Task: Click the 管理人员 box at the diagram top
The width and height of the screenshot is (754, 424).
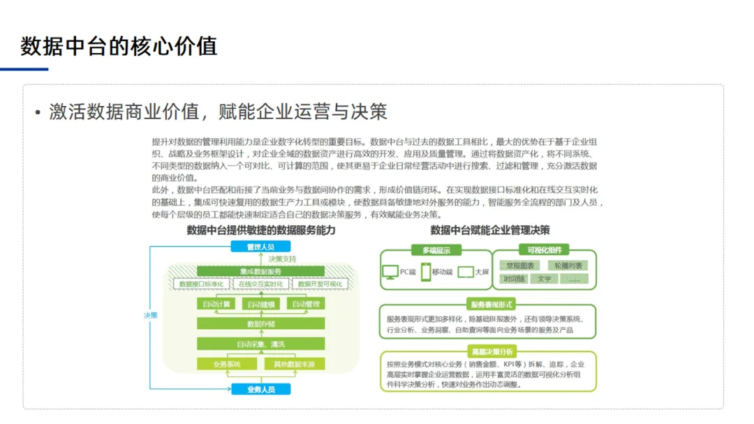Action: click(x=260, y=247)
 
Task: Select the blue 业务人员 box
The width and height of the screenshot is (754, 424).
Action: click(x=260, y=389)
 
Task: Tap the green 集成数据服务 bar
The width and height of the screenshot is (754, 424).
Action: click(x=260, y=271)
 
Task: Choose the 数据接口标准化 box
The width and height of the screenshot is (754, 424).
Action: click(x=202, y=285)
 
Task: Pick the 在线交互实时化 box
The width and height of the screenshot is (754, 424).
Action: click(x=260, y=285)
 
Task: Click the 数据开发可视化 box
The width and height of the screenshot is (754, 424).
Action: click(x=320, y=285)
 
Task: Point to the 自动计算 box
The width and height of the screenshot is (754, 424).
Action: click(x=216, y=304)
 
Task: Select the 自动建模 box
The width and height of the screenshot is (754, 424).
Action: click(x=260, y=304)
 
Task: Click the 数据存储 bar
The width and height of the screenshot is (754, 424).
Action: click(x=260, y=324)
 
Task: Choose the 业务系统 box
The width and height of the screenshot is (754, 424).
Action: click(x=228, y=364)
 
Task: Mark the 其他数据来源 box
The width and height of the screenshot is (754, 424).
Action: click(x=294, y=364)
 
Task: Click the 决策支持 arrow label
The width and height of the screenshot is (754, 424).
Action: click(x=282, y=259)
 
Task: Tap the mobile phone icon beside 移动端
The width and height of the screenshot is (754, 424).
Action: click(x=425, y=272)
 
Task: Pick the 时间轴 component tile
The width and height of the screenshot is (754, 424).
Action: click(x=515, y=279)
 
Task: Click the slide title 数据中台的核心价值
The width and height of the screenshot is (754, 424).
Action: click(x=119, y=46)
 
